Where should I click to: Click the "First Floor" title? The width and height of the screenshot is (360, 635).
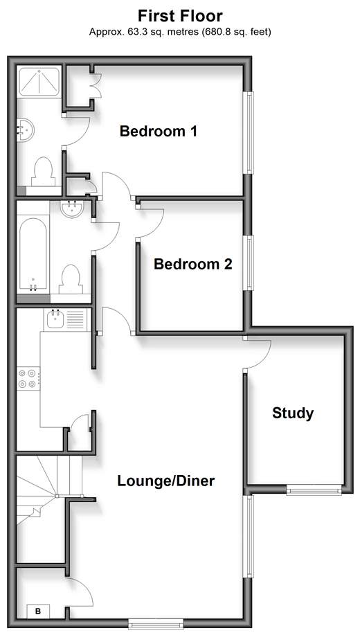click(x=180, y=16)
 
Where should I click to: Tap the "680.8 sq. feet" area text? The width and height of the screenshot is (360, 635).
click(x=235, y=32)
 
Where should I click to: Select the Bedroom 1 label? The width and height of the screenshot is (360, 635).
click(x=159, y=131)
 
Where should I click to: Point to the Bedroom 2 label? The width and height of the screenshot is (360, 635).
click(x=193, y=265)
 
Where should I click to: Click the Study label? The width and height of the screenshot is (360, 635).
click(x=293, y=413)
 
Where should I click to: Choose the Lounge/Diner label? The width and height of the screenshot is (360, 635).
click(x=166, y=481)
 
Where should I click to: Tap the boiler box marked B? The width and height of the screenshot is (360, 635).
click(x=38, y=611)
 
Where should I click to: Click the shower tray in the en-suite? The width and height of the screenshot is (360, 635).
click(x=39, y=82)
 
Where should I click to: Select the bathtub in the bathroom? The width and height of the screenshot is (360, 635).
click(x=33, y=255)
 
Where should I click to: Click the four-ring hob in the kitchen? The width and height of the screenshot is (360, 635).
click(x=28, y=379)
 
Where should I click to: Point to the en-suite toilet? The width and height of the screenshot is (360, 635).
click(x=42, y=172)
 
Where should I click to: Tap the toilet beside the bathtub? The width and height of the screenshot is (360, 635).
click(x=71, y=279)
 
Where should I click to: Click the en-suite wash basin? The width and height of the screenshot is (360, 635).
click(x=25, y=130)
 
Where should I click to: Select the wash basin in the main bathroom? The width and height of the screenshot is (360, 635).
click(x=72, y=209)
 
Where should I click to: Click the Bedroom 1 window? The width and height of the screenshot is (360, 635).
click(x=250, y=132)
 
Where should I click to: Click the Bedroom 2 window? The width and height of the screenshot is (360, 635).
click(x=250, y=262)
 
